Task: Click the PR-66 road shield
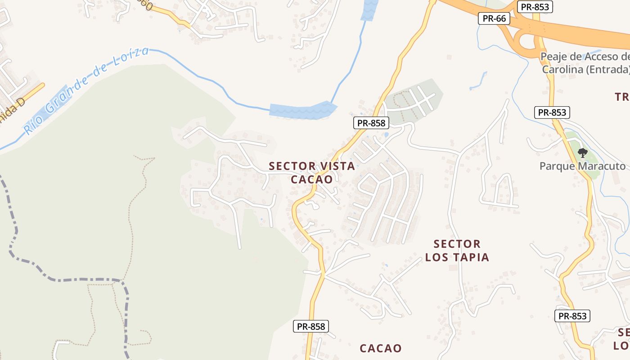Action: [x=494, y=18]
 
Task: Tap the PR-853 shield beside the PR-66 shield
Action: [x=535, y=7]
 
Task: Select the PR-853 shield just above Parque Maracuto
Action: [x=552, y=112]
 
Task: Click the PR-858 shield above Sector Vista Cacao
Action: [x=370, y=123]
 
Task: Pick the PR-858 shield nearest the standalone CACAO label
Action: [x=311, y=326]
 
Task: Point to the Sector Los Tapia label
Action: [x=457, y=251]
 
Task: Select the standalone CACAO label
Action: [x=380, y=348]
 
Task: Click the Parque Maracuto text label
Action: [x=582, y=166]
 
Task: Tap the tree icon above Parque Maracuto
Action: [x=583, y=153]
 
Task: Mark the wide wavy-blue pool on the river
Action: [x=302, y=111]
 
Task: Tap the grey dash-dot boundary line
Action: [x=67, y=279]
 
